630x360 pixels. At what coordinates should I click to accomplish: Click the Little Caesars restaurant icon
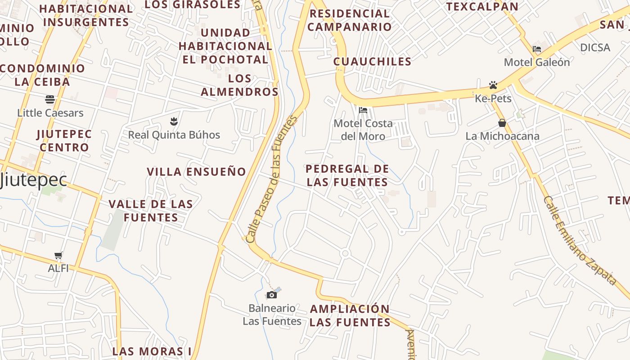click(x=49, y=99)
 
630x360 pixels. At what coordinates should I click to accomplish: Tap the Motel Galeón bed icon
click(x=537, y=49)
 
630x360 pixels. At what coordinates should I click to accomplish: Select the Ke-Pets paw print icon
click(x=493, y=85)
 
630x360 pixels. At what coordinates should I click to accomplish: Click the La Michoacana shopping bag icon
click(x=502, y=123)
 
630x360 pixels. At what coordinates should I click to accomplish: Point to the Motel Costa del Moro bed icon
click(x=363, y=110)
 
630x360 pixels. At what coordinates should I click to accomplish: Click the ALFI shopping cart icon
click(x=58, y=256)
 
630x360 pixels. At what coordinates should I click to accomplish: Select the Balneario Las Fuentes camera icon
click(x=272, y=295)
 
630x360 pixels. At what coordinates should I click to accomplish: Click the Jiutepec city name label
click(x=34, y=180)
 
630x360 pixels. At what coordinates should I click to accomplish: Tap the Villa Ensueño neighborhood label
click(x=197, y=171)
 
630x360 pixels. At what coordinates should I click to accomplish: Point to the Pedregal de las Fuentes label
click(x=346, y=175)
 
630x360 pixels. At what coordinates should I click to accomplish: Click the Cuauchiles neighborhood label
click(x=372, y=62)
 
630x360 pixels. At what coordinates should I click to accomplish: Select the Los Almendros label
click(x=239, y=85)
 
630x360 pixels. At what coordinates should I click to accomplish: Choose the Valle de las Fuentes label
click(x=151, y=211)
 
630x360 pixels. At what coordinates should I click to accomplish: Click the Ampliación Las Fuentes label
click(x=350, y=315)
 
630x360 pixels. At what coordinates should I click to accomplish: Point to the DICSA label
click(x=595, y=48)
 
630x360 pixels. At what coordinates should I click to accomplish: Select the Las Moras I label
click(x=152, y=351)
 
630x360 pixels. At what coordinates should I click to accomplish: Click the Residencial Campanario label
click(x=350, y=20)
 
